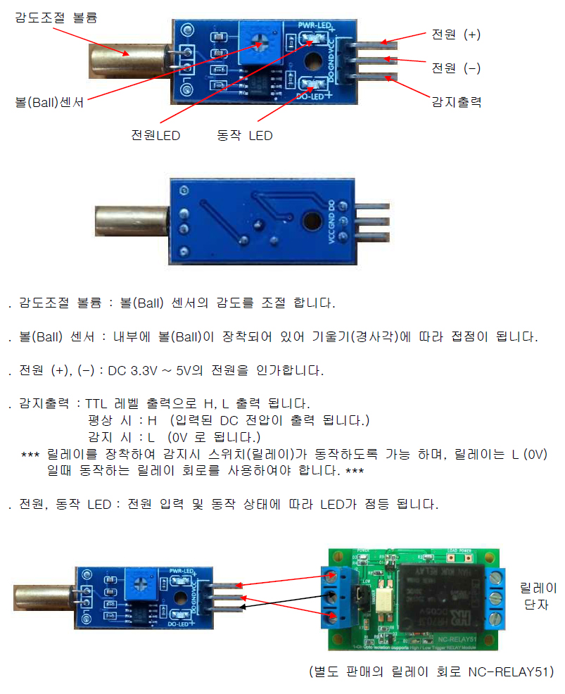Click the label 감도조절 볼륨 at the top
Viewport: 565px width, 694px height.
(56, 18)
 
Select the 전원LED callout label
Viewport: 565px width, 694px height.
(155, 135)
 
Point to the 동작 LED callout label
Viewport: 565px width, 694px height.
(244, 135)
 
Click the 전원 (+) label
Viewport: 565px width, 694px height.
(456, 34)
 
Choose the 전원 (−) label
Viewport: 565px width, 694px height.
(456, 68)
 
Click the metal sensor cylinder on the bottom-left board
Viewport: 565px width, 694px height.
(41, 598)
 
